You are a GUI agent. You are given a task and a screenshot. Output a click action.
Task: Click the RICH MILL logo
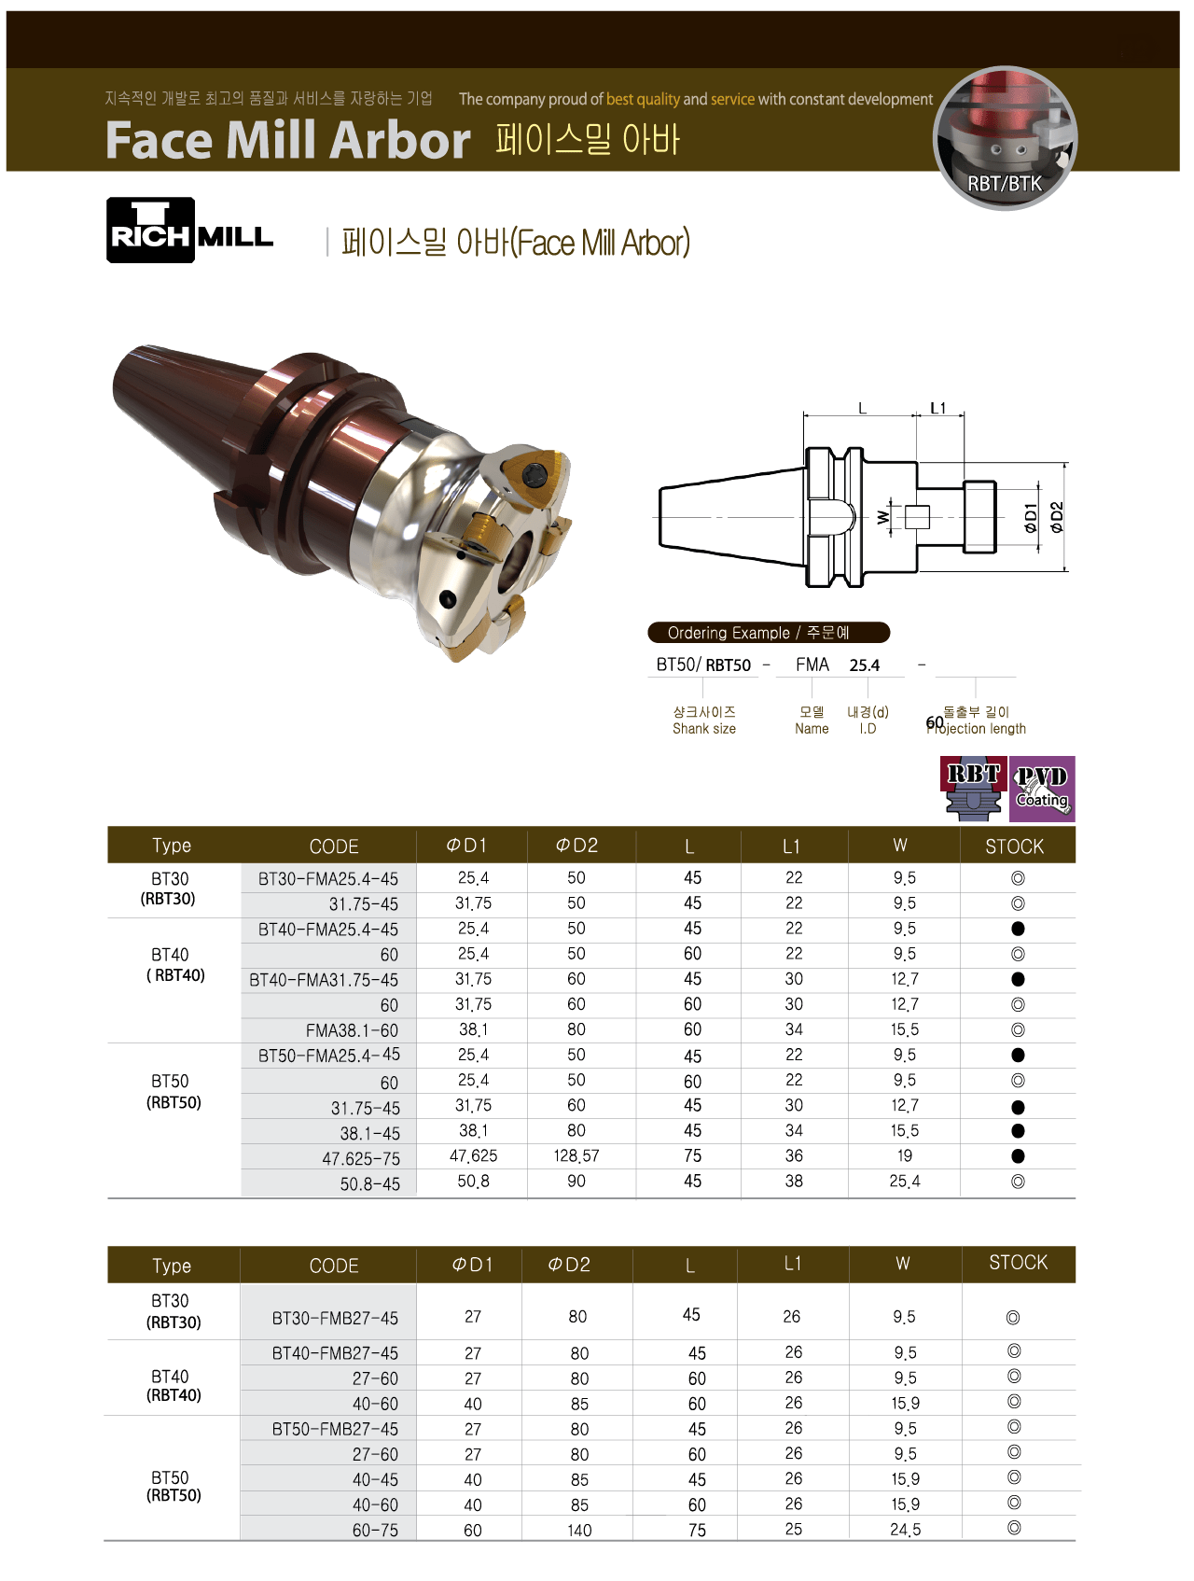coord(189,231)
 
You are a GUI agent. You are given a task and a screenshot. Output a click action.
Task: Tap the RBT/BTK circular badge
coord(1005,138)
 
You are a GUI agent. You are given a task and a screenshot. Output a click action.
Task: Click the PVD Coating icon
coord(1042,789)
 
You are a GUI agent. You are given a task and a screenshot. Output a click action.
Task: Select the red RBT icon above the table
coord(974,789)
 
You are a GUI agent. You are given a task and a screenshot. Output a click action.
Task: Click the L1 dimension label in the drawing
coord(938,408)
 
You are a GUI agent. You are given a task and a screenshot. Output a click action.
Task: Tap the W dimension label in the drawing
coord(883,516)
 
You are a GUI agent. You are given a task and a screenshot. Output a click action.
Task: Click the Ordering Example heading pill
coord(768,633)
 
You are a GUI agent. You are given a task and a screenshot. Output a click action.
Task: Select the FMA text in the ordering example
coord(812,665)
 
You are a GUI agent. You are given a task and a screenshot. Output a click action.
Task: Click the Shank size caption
coord(703,729)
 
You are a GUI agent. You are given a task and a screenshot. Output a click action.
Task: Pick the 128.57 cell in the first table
coord(576,1156)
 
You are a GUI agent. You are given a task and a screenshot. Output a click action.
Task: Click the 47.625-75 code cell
coord(361,1159)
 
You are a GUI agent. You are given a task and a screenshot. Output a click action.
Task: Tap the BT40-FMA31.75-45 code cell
coord(324,980)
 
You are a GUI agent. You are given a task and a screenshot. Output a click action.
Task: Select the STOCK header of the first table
coord(1014,846)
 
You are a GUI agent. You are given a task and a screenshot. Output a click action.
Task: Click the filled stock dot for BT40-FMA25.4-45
coord(1018,929)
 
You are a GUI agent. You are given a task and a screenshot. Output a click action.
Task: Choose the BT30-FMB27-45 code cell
coord(335,1319)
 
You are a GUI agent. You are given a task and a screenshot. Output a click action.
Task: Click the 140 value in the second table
coord(579,1531)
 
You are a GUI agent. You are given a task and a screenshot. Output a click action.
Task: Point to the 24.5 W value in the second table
coord(905,1531)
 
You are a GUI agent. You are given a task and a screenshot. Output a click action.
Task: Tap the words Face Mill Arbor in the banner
coord(287,140)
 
